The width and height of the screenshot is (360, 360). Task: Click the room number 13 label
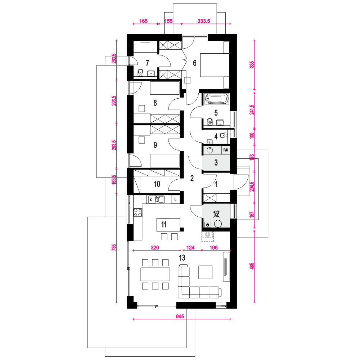[182, 258]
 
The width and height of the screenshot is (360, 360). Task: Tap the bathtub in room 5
[216, 99]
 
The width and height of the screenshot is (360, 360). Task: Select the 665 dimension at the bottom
[180, 316]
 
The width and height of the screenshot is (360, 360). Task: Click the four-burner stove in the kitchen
[138, 212]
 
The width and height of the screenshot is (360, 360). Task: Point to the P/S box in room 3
[225, 150]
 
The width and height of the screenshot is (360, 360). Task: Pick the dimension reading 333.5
[204, 21]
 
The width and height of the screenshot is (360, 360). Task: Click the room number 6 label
[195, 63]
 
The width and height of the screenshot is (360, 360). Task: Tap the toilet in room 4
[223, 135]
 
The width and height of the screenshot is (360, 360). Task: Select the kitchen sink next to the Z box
[160, 199]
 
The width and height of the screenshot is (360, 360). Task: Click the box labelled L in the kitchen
[175, 199]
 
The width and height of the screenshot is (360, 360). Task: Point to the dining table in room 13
[155, 274]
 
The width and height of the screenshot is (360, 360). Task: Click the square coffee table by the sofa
[206, 272]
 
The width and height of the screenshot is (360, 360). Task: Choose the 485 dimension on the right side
[252, 266]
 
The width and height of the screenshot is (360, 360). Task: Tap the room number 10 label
[157, 184]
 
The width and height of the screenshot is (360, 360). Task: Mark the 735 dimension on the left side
[114, 247]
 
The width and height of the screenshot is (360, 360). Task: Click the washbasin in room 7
[151, 73]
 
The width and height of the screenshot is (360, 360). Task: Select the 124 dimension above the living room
[190, 248]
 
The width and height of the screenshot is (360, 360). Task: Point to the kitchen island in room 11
[168, 225]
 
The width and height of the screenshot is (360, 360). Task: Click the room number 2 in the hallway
[192, 178]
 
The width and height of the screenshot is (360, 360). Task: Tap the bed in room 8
[165, 88]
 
